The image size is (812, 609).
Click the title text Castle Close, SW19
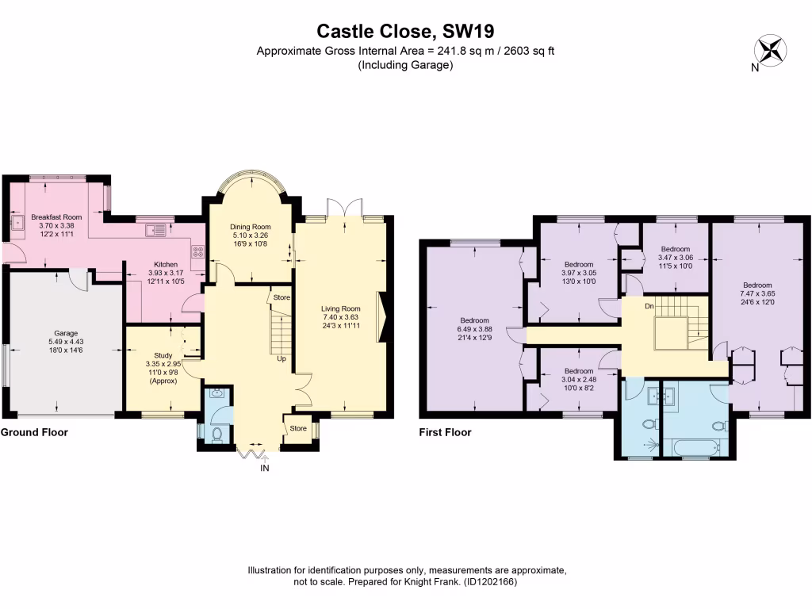(405, 31)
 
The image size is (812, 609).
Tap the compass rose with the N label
(768, 49)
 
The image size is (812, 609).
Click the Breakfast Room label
(56, 216)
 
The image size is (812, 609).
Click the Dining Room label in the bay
(251, 227)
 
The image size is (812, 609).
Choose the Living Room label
(340, 308)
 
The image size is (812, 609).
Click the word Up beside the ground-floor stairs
(281, 358)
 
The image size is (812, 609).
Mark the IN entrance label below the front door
(265, 469)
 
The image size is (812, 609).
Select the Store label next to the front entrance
(297, 428)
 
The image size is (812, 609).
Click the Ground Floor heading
(34, 432)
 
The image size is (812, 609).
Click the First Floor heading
(445, 432)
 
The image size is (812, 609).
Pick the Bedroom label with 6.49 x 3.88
(473, 320)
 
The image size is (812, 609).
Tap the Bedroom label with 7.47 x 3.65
(757, 285)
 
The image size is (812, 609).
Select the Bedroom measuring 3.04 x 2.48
(579, 370)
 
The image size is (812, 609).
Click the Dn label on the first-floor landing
(649, 305)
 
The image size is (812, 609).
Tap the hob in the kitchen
(197, 255)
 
